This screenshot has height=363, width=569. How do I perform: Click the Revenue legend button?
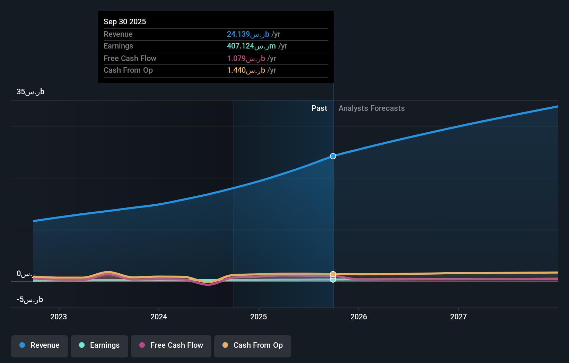40,346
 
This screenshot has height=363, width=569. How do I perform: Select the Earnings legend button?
99,346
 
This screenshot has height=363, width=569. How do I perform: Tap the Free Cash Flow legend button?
171,346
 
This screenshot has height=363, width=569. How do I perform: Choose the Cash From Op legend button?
253,346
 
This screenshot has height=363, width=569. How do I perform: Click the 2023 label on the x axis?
59,317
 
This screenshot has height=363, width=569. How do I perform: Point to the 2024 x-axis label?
159,317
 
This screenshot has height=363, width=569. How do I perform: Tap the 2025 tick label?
259,317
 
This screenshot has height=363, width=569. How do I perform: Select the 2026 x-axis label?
359,317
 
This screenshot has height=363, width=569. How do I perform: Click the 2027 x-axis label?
458,317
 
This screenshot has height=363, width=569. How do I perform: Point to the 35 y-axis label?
30,92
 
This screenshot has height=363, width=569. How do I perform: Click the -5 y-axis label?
30,300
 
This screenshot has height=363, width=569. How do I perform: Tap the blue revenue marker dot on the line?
333,156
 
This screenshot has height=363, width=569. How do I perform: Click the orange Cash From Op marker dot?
333,274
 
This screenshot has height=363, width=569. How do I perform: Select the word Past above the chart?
319,108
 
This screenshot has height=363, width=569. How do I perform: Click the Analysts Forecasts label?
371,108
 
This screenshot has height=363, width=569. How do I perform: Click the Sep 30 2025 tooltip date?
125,21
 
